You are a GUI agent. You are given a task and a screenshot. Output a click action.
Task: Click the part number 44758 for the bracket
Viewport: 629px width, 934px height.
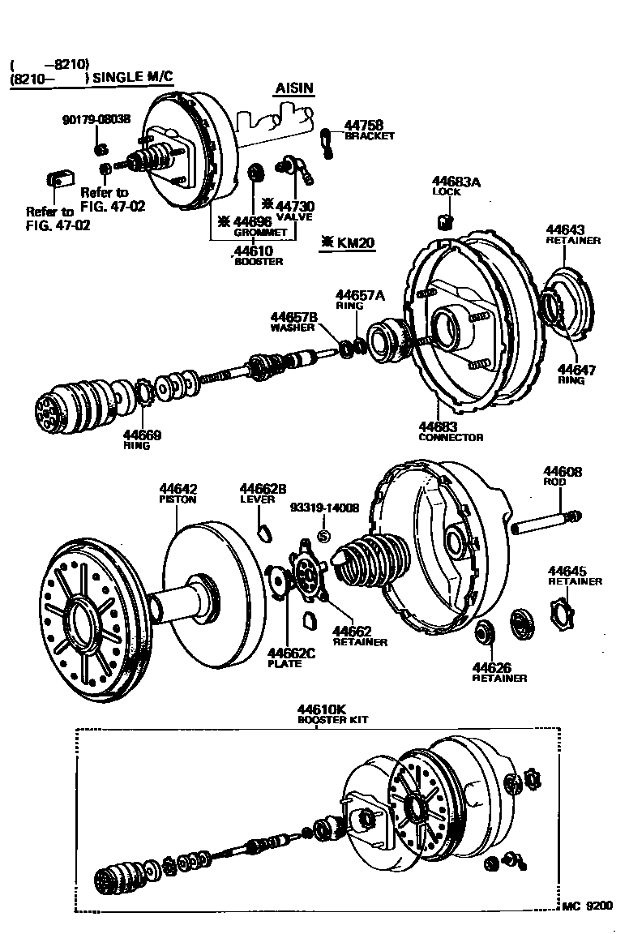pyautogui.click(x=363, y=126)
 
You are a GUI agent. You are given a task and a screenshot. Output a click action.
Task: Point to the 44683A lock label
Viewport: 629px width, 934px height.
pyautogui.click(x=456, y=182)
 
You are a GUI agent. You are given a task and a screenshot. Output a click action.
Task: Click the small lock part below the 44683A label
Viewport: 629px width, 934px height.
pyautogui.click(x=444, y=221)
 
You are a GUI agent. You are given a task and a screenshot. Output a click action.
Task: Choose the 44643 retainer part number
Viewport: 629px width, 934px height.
pyautogui.click(x=566, y=230)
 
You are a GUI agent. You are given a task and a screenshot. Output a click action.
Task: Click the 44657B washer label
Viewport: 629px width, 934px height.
pyautogui.click(x=293, y=316)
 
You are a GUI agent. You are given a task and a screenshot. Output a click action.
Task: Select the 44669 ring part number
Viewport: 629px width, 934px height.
pyautogui.click(x=142, y=435)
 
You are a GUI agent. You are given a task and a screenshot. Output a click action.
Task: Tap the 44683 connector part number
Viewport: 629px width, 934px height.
pyautogui.click(x=439, y=426)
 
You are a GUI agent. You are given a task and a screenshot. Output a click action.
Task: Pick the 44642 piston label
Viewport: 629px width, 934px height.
pyautogui.click(x=178, y=489)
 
